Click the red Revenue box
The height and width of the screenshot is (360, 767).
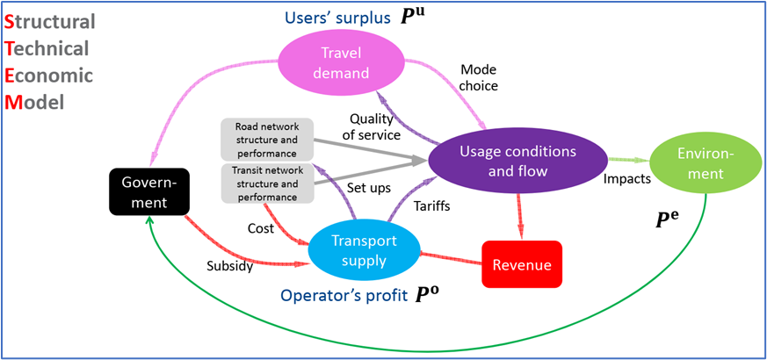pos(521,263)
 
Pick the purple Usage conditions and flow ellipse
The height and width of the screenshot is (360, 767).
pos(519,162)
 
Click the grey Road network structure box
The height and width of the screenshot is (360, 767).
pos(265,140)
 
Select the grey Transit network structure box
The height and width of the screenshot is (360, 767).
pos(265,183)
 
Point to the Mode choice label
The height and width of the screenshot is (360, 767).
pos(479,78)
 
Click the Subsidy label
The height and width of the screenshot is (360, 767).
pos(230,264)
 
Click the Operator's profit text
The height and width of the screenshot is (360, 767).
pos(344,296)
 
